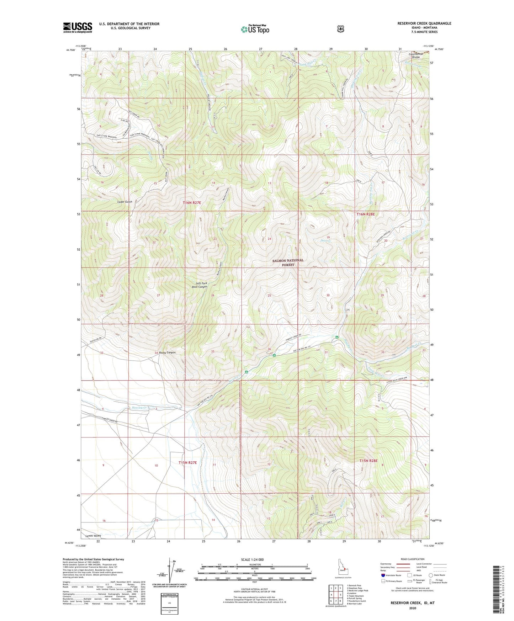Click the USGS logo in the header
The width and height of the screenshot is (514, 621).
click(x=78, y=27)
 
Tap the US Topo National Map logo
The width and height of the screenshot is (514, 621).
click(x=255, y=29)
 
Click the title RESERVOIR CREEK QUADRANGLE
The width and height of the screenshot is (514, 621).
click(x=424, y=23)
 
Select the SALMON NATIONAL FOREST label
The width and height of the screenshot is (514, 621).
click(x=288, y=262)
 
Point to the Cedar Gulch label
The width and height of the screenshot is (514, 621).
click(x=125, y=202)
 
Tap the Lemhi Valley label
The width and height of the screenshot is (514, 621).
click(x=93, y=536)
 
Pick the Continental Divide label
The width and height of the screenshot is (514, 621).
click(x=416, y=55)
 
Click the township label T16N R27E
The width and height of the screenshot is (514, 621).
click(x=192, y=203)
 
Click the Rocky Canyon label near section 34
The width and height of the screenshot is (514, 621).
click(x=167, y=352)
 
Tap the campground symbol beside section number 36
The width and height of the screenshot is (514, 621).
click(x=274, y=355)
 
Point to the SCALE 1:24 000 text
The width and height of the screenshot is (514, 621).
click(x=252, y=559)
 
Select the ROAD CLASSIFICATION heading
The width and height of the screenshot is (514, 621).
click(x=412, y=559)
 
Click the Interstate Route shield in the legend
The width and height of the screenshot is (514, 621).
click(x=383, y=575)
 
